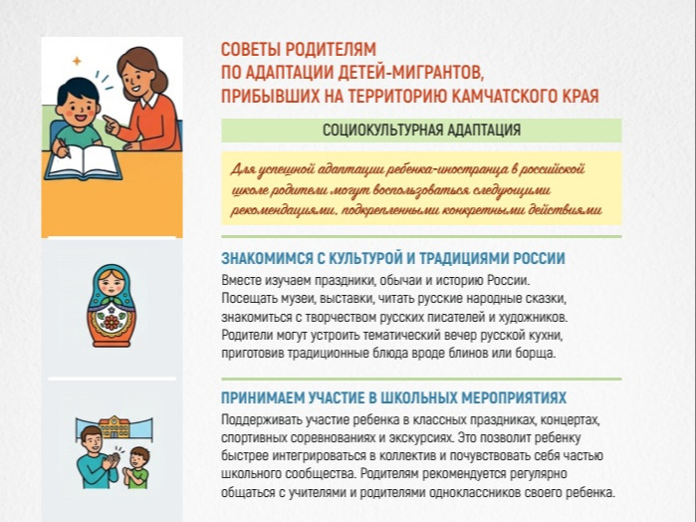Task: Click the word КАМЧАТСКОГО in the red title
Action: (505, 96)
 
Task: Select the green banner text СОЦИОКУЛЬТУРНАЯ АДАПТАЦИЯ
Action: (421, 130)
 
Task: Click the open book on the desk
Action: (84, 162)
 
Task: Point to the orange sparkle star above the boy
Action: (78, 61)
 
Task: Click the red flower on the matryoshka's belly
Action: (112, 322)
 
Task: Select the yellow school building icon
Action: (115, 426)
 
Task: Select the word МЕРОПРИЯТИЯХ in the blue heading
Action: (514, 397)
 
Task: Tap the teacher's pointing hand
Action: (111, 125)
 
